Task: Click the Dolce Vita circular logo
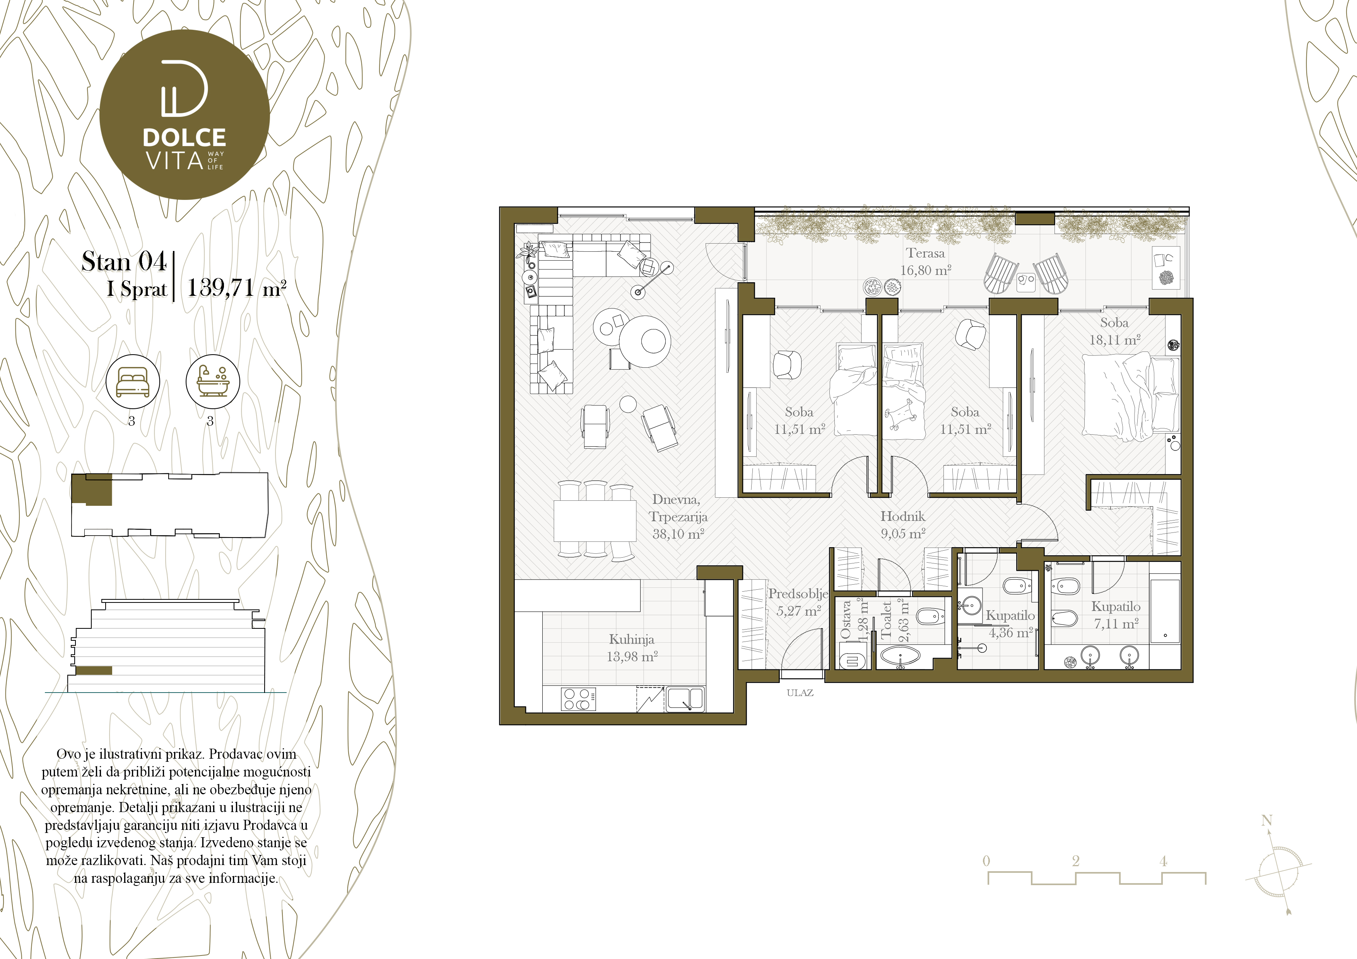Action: point(185,114)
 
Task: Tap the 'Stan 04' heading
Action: point(124,261)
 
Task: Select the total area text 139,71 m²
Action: point(236,288)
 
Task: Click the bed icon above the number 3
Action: point(132,381)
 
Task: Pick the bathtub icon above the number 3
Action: point(213,381)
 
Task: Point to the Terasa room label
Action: point(926,253)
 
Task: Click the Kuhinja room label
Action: point(631,639)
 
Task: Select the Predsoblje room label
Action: point(798,594)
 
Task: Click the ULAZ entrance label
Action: point(800,693)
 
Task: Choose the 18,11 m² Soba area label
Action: point(1115,340)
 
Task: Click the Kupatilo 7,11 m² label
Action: point(1116,615)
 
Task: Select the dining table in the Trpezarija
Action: point(595,520)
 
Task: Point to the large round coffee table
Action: point(645,341)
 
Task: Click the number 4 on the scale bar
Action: point(1163,861)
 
